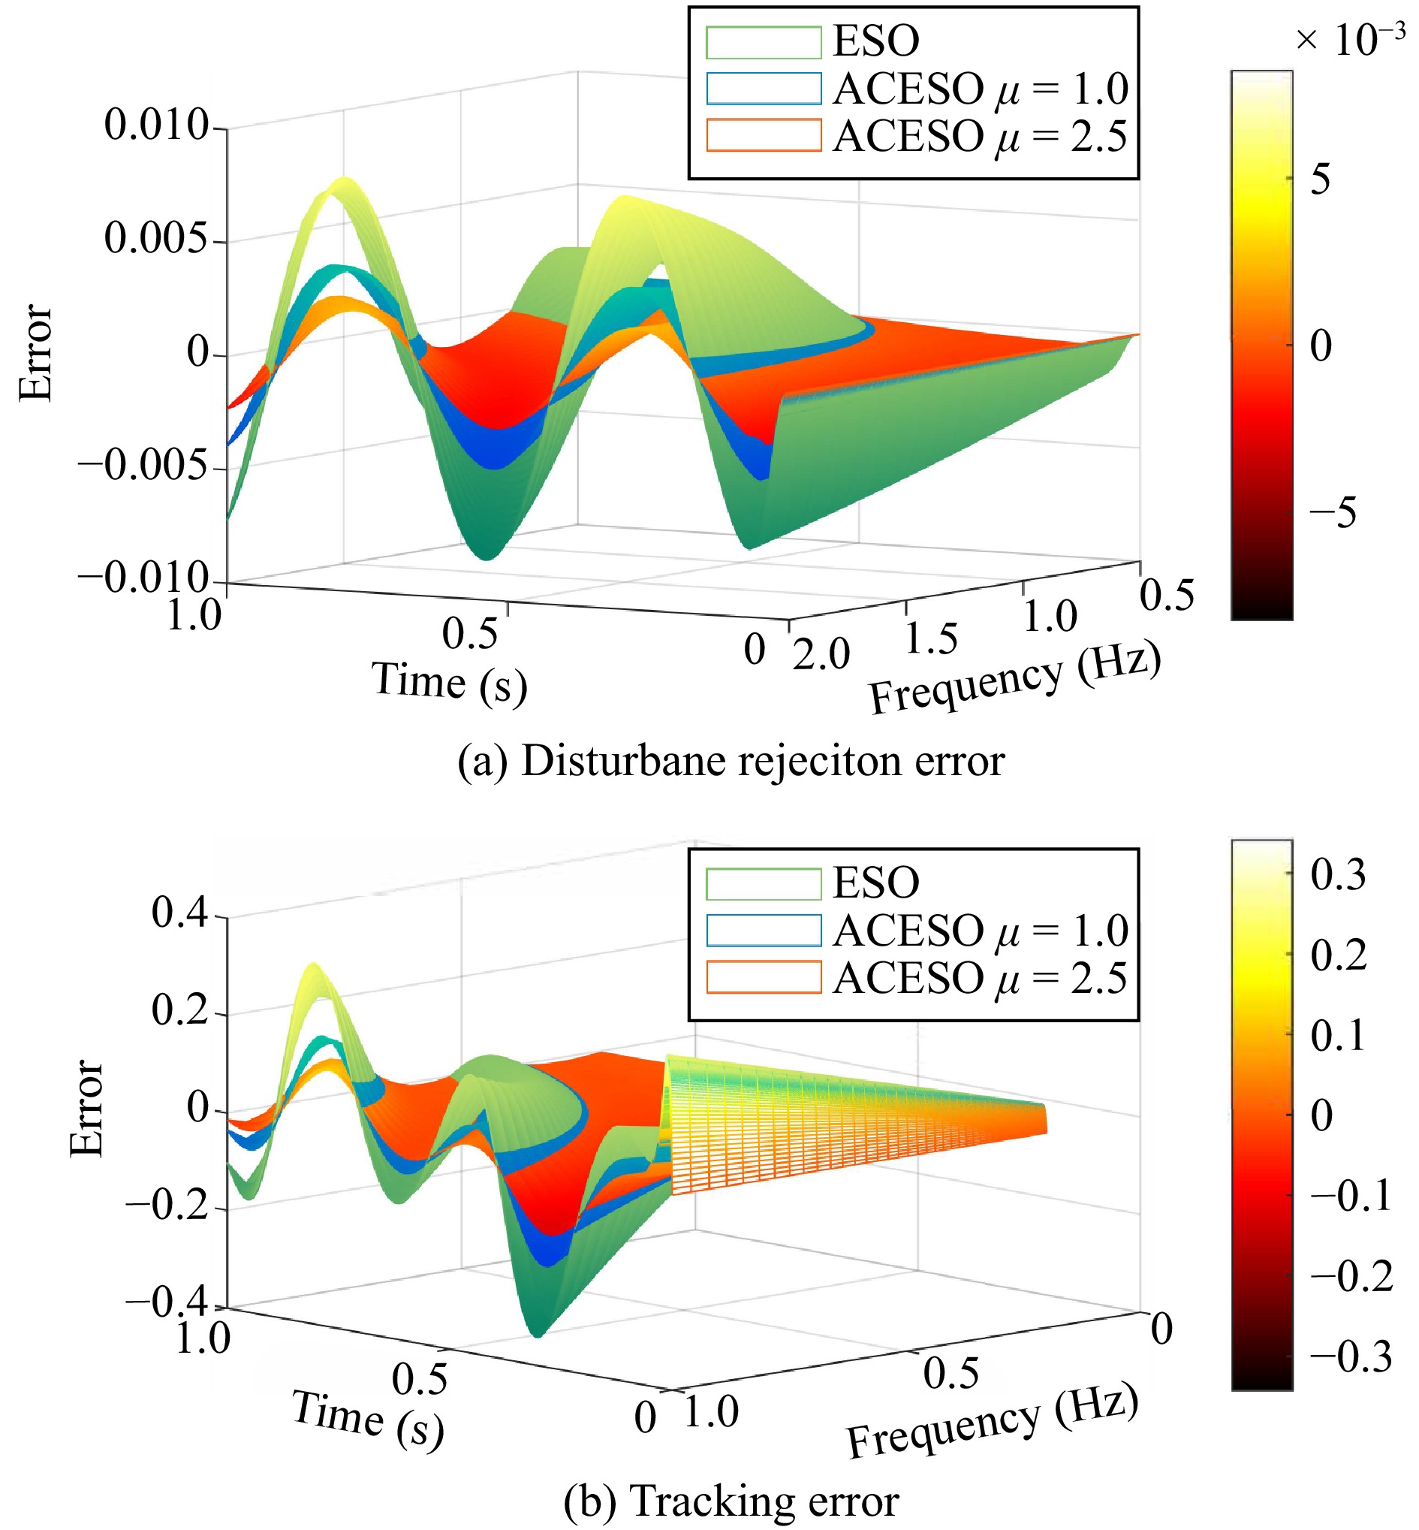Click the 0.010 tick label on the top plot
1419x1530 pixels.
[157, 125]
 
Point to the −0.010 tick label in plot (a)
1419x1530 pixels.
[143, 577]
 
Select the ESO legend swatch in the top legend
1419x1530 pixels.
[764, 42]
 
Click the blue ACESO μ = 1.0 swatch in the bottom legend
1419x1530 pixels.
[764, 930]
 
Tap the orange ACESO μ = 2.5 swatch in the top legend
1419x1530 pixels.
[764, 135]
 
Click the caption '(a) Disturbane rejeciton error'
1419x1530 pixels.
[731, 761]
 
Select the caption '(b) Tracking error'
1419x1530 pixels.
[731, 1501]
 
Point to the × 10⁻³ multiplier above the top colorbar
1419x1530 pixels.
[1350, 40]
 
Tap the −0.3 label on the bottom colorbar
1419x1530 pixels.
[1351, 1356]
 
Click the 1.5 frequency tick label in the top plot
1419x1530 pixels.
[932, 639]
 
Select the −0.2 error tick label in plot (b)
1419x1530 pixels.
[167, 1206]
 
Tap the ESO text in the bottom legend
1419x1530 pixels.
[876, 883]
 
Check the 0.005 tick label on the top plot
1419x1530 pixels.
[157, 238]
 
